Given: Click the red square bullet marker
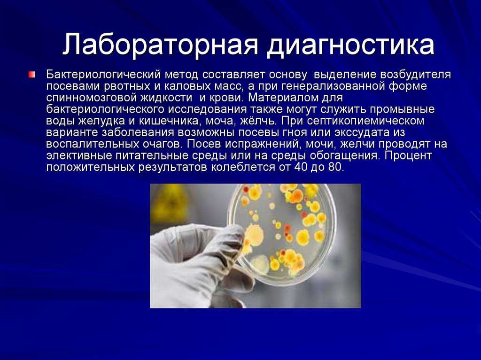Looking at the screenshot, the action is [x=32, y=75].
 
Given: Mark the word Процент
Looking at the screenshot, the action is [x=408, y=156].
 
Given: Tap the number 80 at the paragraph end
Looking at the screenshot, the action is [x=335, y=168].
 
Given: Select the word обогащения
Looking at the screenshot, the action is [x=344, y=156].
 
